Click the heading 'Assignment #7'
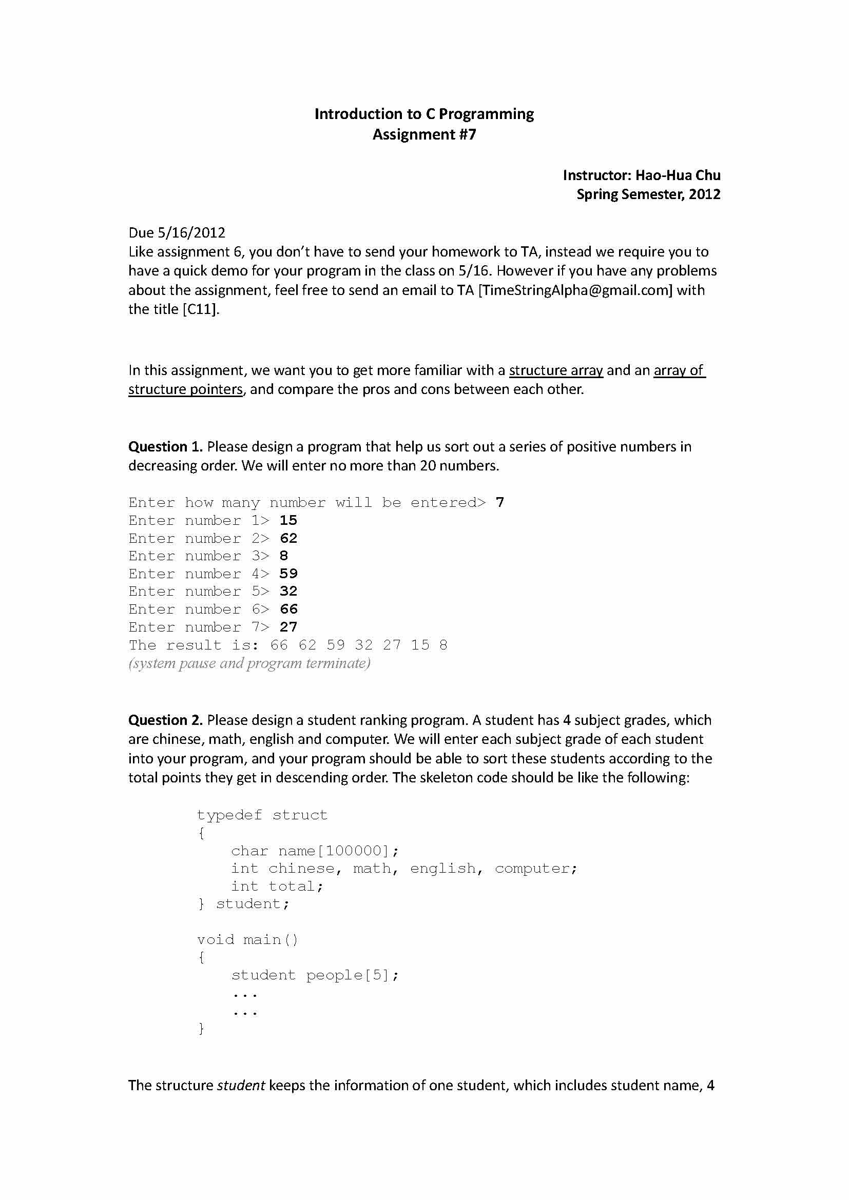coord(424,135)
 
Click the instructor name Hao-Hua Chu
coord(678,175)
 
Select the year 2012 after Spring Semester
coord(704,194)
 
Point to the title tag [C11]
coord(200,309)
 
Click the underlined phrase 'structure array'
coord(556,370)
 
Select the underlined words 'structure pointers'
coord(186,389)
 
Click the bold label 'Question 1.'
coord(165,447)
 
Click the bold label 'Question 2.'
coord(165,720)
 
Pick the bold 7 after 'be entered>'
coord(500,503)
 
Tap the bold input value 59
coord(288,574)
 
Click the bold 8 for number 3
coord(284,556)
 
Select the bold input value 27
coord(288,627)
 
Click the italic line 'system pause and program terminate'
coord(249,663)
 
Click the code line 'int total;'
coord(277,887)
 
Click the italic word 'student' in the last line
coord(241,1086)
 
